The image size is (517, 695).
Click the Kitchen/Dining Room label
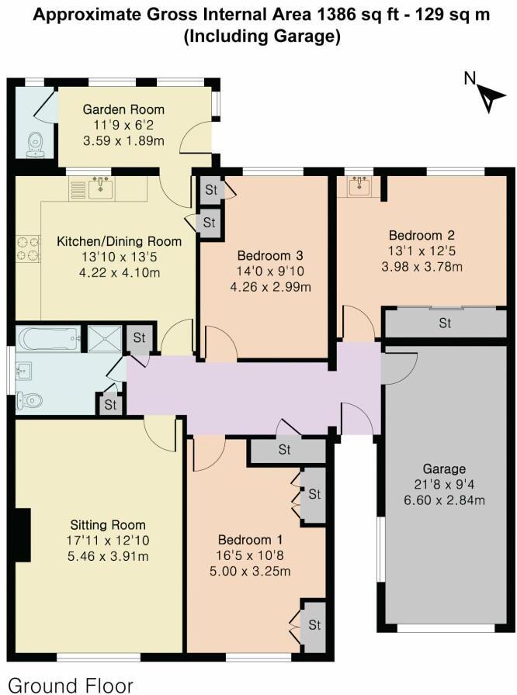(120, 241)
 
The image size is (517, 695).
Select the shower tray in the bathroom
(101, 338)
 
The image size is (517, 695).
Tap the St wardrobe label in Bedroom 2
(444, 323)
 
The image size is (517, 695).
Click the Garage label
(444, 469)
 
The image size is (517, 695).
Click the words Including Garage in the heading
(262, 37)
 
